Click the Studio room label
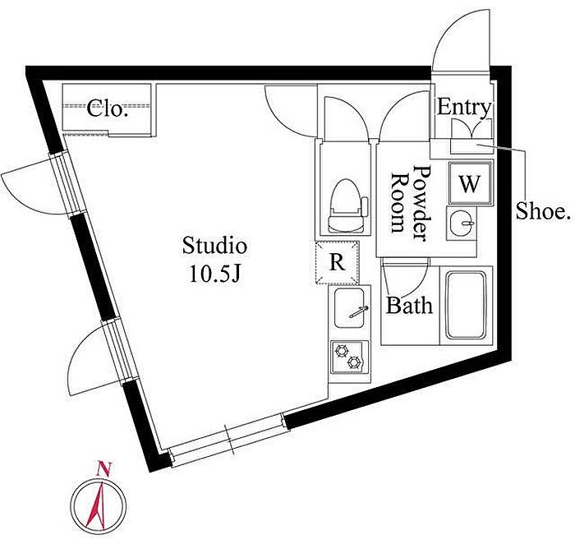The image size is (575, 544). coord(214,246)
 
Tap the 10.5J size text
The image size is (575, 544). coord(214,274)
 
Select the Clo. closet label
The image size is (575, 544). coord(108,108)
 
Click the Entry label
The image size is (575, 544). coord(464,108)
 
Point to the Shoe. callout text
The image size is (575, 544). coord(544,211)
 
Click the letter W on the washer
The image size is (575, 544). coord(470,184)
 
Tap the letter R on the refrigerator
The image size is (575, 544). coord(337,263)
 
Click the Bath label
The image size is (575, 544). coord(410,306)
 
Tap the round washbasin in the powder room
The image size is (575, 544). coord(461,223)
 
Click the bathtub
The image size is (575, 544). coord(466,305)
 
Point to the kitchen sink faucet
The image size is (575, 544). coord(359,311)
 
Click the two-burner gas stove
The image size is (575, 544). coord(349,357)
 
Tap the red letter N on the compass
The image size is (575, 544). coord(103,468)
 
